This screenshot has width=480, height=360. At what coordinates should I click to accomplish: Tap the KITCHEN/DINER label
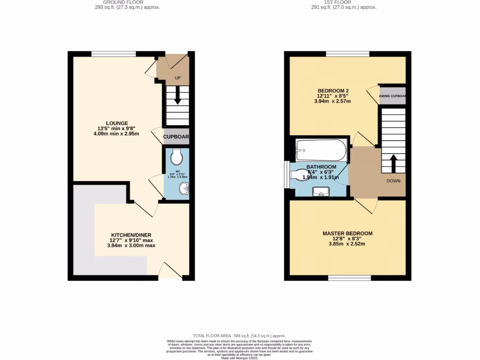point(131,235)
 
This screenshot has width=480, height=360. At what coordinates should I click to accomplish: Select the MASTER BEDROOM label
point(347,233)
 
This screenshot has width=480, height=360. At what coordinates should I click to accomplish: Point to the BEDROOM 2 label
point(333,90)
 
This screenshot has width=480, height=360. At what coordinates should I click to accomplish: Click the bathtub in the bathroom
point(321,150)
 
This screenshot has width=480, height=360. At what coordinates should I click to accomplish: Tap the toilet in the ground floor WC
point(177,157)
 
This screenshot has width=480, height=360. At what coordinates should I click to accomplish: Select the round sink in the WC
point(183,189)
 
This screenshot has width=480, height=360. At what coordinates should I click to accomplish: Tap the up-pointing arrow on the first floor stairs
point(393,164)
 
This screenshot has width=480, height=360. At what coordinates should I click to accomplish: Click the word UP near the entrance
point(178,78)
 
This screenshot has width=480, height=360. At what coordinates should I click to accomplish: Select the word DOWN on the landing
point(393,180)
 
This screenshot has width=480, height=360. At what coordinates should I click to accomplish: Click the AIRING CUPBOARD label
point(392,96)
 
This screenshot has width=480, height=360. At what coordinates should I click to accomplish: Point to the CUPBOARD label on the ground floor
point(176,137)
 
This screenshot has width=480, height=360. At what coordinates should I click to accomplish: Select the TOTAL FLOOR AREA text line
point(240,336)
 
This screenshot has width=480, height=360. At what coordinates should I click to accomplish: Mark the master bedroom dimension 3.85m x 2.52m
point(347,244)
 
